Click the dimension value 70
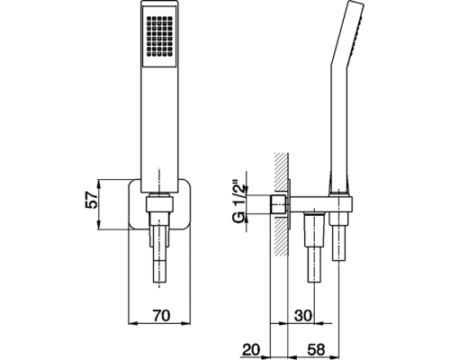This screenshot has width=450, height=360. [161, 315]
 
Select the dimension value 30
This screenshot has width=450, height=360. [302, 315]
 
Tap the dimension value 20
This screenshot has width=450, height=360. [252, 350]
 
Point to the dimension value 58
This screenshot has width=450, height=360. [316, 350]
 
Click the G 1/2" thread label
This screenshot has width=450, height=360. [240, 202]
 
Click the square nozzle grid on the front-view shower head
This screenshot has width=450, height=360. [159, 37]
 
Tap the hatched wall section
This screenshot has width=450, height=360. [282, 204]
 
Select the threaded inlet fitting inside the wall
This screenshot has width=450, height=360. [280, 204]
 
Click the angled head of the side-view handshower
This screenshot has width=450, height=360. [349, 33]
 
